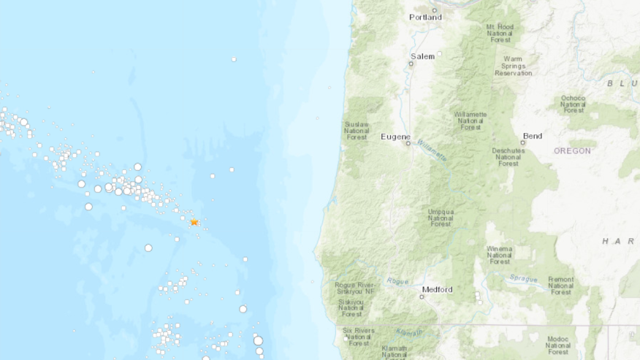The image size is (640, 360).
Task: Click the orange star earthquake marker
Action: coord(194,222)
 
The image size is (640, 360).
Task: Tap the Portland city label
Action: coord(425,17)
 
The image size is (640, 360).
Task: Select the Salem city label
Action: coord(422,56)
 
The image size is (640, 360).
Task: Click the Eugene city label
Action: coord(395,137)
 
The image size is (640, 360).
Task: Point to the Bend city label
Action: coord(532,136)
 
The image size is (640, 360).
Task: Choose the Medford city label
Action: coord(437,289)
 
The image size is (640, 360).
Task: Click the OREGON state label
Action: coord(572,151)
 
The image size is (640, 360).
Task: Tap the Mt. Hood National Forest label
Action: coord(500,34)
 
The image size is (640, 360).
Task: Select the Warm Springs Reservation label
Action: coord(512,66)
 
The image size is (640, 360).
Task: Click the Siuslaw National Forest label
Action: coord(357,130)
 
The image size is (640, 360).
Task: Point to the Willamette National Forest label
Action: coord(471,120)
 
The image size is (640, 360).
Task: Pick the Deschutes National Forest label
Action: coord(507,157)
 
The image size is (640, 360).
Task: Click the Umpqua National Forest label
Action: coord(441,218)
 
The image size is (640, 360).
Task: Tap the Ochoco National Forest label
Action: coord(574,104)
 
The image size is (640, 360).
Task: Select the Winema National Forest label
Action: coord(500,255)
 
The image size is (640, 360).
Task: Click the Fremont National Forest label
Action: coord(561,286)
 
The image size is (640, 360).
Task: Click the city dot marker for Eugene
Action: coord(408,144)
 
